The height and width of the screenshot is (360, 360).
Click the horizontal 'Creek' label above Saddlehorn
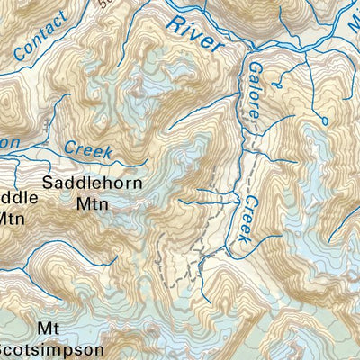point(87,148)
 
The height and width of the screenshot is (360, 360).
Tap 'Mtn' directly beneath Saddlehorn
point(90,204)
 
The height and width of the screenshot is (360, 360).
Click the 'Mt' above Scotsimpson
point(49,328)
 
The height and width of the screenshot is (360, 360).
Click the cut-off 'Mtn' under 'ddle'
point(11,217)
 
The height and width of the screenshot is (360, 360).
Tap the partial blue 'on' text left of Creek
point(9,141)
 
